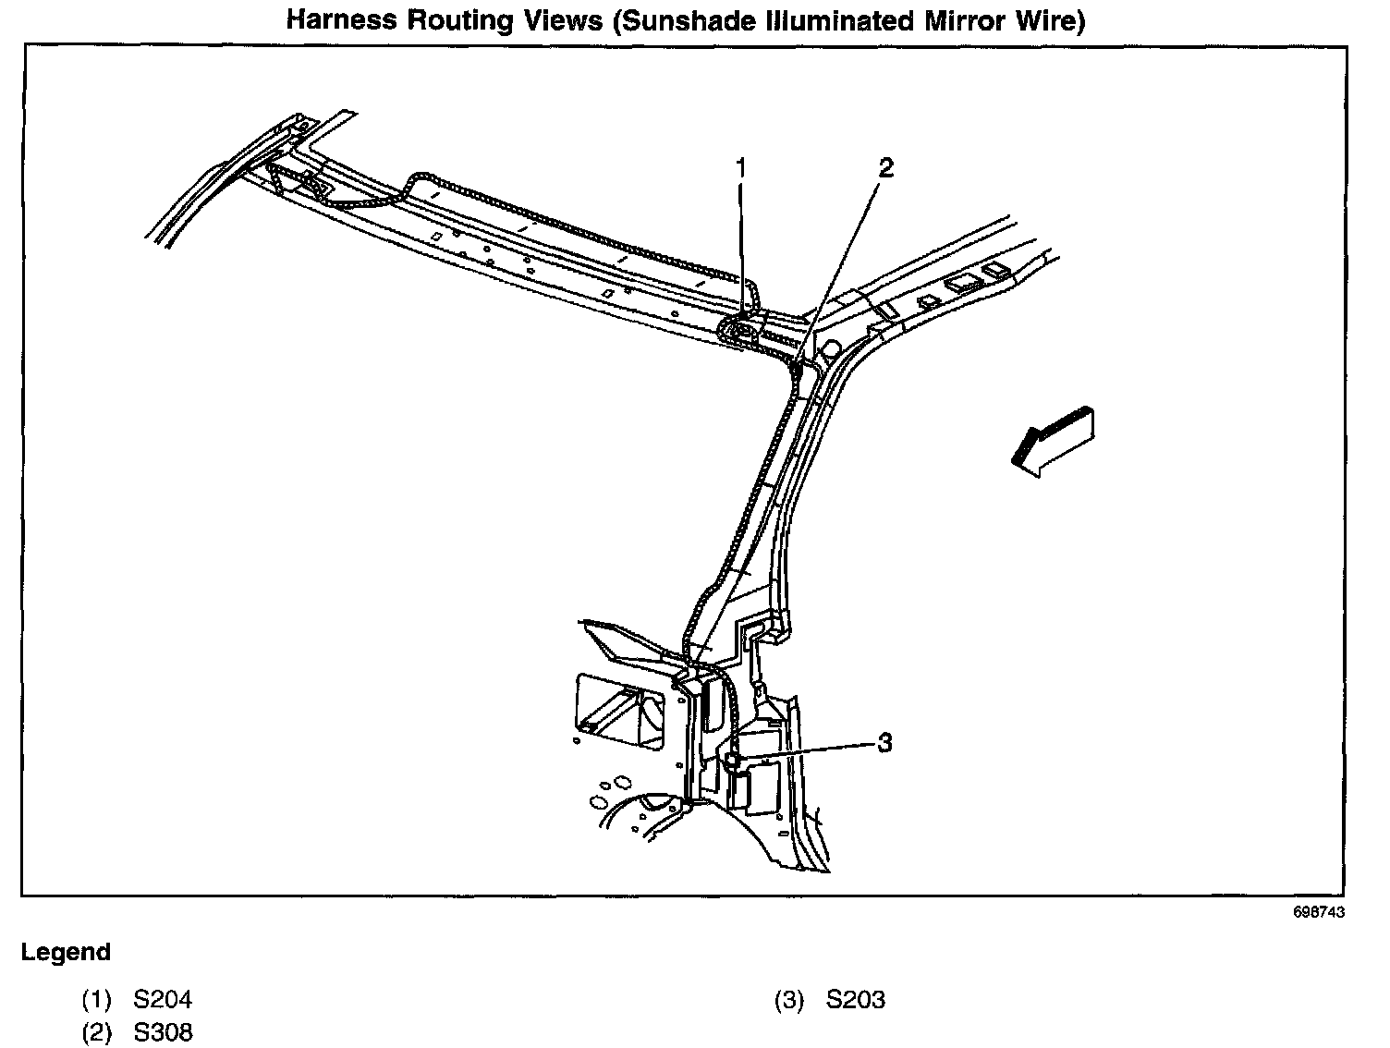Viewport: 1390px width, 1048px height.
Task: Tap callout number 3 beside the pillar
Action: [x=884, y=742]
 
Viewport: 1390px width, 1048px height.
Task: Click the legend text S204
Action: [x=164, y=999]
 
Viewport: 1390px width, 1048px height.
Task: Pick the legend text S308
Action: [x=164, y=1031]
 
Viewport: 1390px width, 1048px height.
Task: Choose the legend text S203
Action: [x=856, y=999]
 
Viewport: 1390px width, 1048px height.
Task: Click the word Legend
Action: [x=66, y=952]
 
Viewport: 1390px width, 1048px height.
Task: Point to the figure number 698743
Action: [x=1318, y=911]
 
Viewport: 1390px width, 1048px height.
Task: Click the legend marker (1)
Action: [x=96, y=999]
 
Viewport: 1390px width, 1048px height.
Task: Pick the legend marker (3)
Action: [x=788, y=999]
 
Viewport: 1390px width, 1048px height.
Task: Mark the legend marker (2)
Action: [x=96, y=1031]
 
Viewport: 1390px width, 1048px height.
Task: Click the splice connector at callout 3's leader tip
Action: [x=733, y=760]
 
